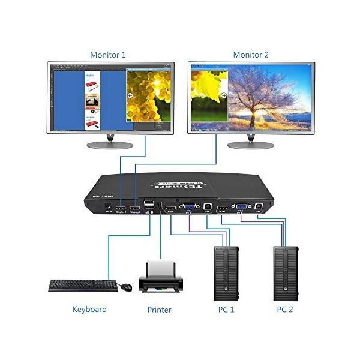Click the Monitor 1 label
[108, 55]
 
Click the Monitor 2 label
[251, 55]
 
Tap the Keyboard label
[89, 310]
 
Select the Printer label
[159, 310]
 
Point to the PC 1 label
[226, 310]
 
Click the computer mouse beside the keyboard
[126, 287]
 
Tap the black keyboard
[83, 285]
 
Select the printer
[159, 279]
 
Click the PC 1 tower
[226, 272]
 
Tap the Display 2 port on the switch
[135, 207]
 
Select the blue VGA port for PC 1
[188, 206]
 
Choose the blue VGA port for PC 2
[241, 206]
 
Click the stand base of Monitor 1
[110, 145]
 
